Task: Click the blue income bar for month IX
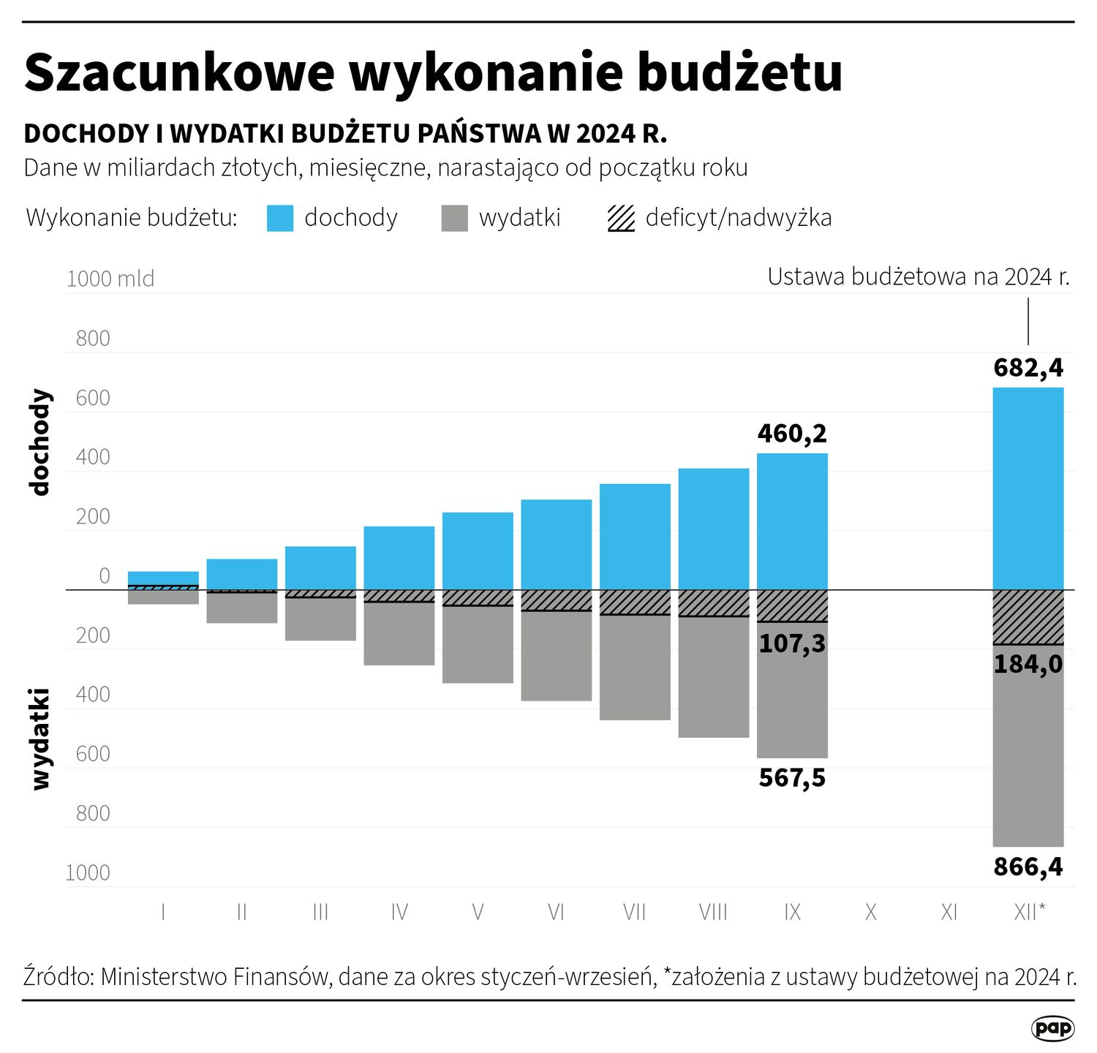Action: [x=792, y=521]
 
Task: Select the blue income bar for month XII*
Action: [x=1028, y=488]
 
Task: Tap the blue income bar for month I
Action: [x=163, y=578]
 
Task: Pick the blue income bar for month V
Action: [x=478, y=550]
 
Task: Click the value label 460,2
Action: [x=792, y=434]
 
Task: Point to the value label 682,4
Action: [x=1028, y=368]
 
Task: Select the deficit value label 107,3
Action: [x=792, y=643]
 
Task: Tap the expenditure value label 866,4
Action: [x=1028, y=867]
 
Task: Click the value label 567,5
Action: [x=792, y=778]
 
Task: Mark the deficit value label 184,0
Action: [x=1028, y=665]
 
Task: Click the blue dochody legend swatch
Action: [x=279, y=218]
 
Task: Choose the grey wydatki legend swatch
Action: [x=454, y=218]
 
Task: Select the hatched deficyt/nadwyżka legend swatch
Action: [x=621, y=218]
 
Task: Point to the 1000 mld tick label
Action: [x=110, y=279]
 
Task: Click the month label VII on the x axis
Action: [x=634, y=912]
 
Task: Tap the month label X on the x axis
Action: [x=870, y=912]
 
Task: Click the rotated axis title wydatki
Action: [x=40, y=739]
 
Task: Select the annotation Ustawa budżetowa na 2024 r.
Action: [x=918, y=277]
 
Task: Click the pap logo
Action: [x=1052, y=1028]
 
